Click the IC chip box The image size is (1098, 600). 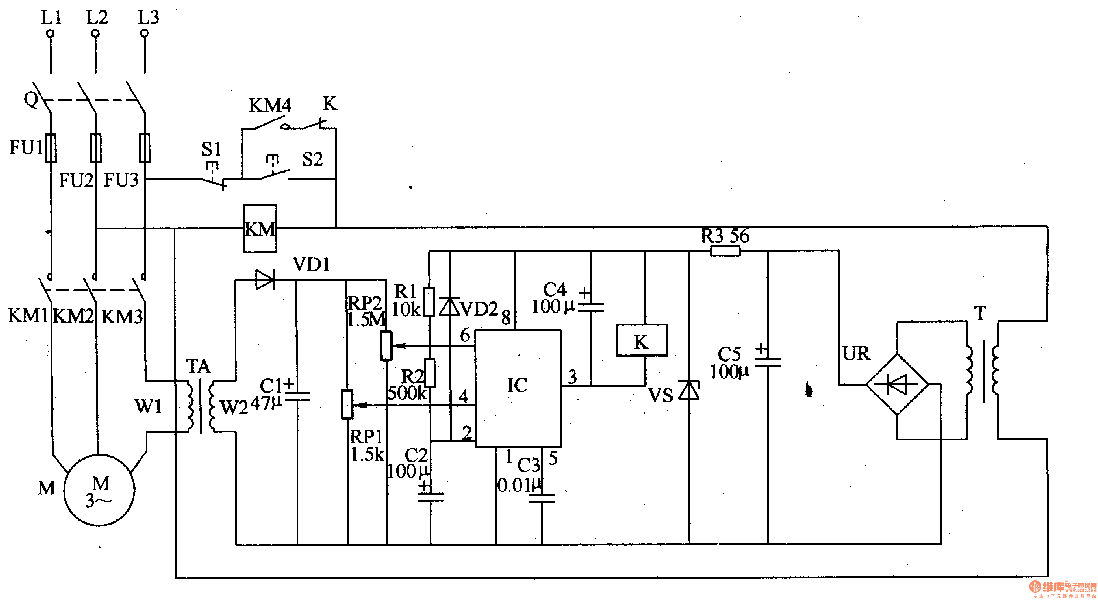pyautogui.click(x=518, y=388)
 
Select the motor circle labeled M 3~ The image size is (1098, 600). pyautogui.click(x=99, y=490)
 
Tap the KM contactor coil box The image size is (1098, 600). pyautogui.click(x=260, y=229)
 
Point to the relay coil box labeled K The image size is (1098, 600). pyautogui.click(x=642, y=340)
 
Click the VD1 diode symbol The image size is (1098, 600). pyautogui.click(x=265, y=280)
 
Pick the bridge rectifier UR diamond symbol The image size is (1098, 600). pyautogui.click(x=897, y=384)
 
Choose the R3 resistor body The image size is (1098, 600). pyautogui.click(x=725, y=251)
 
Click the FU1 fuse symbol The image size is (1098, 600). pyautogui.click(x=51, y=148)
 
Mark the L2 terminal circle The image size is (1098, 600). pyautogui.click(x=96, y=33)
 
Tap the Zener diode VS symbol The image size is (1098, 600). pyautogui.click(x=689, y=390)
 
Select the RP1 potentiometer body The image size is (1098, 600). pyautogui.click(x=348, y=404)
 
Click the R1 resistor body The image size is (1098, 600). pyautogui.click(x=429, y=302)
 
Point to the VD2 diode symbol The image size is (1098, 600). pyautogui.click(x=449, y=306)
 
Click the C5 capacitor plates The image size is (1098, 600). pyautogui.click(x=768, y=362)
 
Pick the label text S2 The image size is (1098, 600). pyautogui.click(x=312, y=160)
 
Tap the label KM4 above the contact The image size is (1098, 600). pyautogui.click(x=270, y=105)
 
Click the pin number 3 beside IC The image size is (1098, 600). pyautogui.click(x=572, y=376)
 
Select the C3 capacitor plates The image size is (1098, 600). pyautogui.click(x=542, y=498)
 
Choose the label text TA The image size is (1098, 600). pyautogui.click(x=198, y=366)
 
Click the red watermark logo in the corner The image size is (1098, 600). pyautogui.click(x=1063, y=589)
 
